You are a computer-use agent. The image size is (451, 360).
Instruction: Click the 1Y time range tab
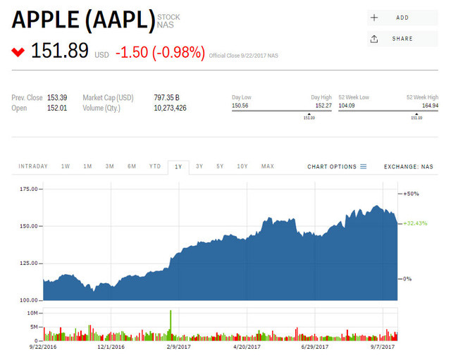(x=179, y=167)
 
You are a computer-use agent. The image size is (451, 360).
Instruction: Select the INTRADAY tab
(x=33, y=167)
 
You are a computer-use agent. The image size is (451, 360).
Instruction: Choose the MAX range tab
(x=268, y=167)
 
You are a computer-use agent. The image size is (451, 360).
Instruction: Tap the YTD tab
(x=155, y=167)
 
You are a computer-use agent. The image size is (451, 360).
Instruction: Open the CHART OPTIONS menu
(x=337, y=167)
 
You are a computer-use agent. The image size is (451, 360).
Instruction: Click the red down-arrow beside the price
(x=18, y=52)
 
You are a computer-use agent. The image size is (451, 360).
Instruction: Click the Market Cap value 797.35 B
(x=166, y=97)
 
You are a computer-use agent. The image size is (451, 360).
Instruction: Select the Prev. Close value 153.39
(x=56, y=97)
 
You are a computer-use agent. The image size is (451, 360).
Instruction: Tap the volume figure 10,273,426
(x=170, y=108)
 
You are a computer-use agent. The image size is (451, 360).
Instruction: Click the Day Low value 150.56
(x=242, y=106)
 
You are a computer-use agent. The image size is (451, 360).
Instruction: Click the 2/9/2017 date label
(x=178, y=346)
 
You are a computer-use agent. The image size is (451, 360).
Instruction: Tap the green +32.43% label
(x=416, y=223)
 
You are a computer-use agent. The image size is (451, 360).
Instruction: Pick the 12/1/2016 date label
(x=111, y=346)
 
